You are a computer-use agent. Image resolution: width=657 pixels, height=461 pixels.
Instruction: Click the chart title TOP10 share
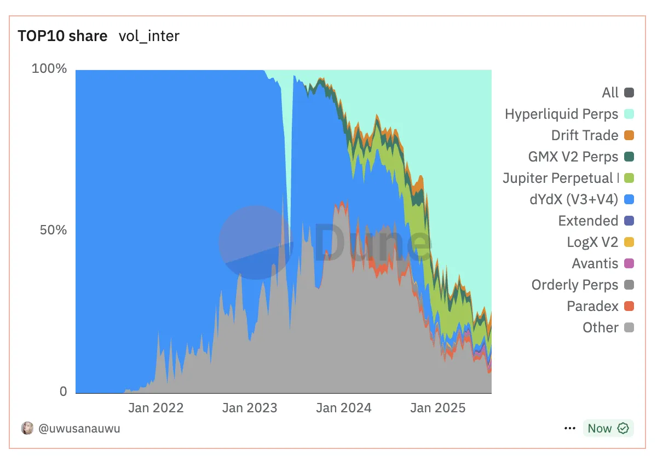[62, 36]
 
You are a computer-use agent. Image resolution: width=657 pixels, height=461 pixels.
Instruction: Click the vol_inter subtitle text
[149, 36]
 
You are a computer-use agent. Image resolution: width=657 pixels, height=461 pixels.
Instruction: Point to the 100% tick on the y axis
[49, 69]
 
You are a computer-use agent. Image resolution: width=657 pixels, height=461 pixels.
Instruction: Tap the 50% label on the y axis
[53, 230]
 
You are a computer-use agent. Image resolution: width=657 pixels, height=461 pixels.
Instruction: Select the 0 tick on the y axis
[63, 391]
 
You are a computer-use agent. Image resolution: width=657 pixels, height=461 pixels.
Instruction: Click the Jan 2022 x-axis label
[156, 408]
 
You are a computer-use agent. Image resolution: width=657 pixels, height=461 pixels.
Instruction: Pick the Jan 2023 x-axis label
[250, 408]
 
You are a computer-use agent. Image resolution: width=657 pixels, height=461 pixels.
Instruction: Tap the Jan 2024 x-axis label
[344, 408]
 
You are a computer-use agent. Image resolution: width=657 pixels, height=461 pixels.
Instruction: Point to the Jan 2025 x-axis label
[438, 408]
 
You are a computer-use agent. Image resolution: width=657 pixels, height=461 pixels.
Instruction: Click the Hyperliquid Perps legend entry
[561, 114]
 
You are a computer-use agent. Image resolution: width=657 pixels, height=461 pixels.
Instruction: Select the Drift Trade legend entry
[585, 135]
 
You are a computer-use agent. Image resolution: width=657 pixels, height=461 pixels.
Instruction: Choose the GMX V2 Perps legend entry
[573, 157]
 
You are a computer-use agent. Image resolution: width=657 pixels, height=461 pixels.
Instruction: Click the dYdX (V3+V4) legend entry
[570, 199]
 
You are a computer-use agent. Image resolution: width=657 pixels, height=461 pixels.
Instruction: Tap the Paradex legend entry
[592, 306]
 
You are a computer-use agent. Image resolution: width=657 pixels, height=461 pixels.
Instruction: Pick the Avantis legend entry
[595, 263]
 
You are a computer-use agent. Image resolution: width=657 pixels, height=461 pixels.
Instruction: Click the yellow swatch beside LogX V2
[629, 242]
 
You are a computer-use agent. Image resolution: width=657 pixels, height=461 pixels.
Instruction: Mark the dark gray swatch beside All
[629, 93]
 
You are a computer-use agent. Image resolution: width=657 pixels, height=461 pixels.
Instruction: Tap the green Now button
[608, 428]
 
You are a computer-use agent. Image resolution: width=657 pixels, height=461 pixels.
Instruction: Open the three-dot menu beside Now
[569, 428]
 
